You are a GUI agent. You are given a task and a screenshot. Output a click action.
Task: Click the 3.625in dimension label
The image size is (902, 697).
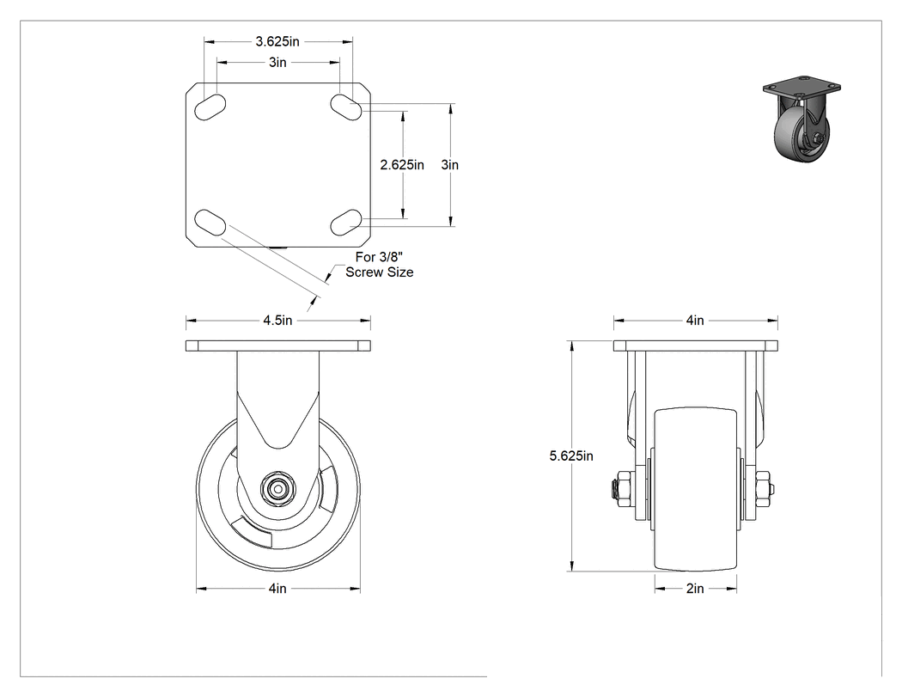(x=277, y=41)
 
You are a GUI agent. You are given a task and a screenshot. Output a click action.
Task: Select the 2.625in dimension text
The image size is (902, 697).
(x=402, y=165)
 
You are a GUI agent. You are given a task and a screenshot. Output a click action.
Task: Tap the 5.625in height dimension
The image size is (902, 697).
(x=571, y=455)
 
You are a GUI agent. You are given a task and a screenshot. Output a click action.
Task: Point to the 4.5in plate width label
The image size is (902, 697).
(x=277, y=320)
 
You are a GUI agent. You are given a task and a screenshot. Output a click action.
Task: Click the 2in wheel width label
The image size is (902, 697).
(x=695, y=588)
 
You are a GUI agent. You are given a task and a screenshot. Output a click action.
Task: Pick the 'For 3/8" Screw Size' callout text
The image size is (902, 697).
(x=380, y=265)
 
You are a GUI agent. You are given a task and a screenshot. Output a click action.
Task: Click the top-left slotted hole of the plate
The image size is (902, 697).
(x=210, y=107)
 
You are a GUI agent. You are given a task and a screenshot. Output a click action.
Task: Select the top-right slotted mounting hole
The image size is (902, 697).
(x=346, y=107)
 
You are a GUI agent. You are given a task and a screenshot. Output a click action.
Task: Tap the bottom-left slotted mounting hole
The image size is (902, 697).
(x=210, y=223)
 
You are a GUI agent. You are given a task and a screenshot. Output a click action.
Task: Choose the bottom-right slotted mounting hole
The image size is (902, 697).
(x=346, y=223)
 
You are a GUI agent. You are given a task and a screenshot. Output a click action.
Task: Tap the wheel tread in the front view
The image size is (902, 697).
(x=696, y=489)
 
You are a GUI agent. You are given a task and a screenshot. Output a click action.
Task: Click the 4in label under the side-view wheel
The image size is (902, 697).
(x=277, y=588)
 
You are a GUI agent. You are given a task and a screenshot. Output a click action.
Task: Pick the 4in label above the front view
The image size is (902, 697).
(x=695, y=320)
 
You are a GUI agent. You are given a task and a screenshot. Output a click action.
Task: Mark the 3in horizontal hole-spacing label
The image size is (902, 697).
(x=277, y=62)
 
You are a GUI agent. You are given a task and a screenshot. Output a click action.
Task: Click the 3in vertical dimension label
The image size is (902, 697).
(x=450, y=165)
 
